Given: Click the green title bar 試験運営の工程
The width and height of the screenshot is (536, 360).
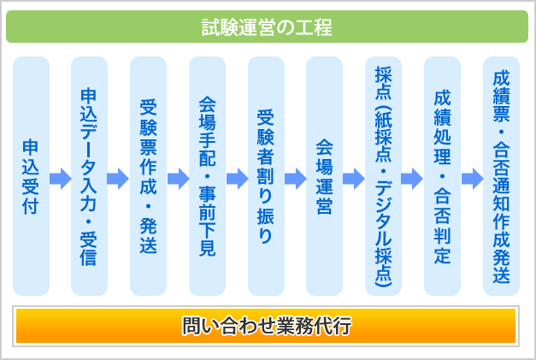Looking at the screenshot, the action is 268,27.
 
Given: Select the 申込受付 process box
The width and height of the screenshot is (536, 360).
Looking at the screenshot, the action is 31,176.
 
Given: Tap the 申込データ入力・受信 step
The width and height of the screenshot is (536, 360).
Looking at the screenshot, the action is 89,176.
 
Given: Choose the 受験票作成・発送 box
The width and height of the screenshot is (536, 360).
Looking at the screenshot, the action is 149,176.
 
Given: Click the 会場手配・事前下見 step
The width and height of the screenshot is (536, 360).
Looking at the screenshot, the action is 207,176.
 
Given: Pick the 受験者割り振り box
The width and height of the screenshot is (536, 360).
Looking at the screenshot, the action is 267,176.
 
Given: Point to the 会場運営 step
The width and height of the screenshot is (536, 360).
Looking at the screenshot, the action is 324,176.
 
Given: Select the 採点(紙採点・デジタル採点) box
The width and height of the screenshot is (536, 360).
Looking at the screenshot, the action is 383,176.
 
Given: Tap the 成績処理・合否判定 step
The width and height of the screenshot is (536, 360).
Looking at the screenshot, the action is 442,176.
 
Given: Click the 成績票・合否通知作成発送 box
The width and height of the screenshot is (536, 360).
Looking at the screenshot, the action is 501,176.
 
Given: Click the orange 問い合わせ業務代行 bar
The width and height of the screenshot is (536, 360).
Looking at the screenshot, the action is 266,326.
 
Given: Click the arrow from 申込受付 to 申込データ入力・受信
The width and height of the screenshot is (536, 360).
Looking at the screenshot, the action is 61,179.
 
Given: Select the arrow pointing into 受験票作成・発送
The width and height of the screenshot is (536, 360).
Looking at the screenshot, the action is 118,179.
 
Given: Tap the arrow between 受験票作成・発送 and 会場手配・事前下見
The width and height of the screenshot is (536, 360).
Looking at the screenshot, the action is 179,179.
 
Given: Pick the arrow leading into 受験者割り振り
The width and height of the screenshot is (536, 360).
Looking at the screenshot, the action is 238,179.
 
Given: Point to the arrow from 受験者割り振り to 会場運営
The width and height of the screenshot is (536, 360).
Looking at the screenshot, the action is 296,179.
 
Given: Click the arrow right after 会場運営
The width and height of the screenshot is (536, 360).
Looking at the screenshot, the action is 354,179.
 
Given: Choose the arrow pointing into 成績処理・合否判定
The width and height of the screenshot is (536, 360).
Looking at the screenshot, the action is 412,179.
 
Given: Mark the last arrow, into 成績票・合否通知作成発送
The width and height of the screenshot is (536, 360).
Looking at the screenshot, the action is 473,179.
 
